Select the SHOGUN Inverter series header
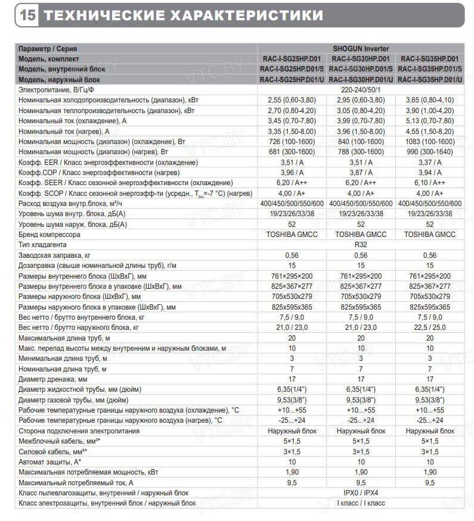pyautogui.click(x=361, y=48)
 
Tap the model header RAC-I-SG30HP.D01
pyautogui.click(x=361, y=59)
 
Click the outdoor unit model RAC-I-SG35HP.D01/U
pyautogui.click(x=430, y=79)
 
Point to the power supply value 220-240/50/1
pyautogui.click(x=361, y=89)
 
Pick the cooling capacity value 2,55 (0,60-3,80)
pyautogui.click(x=292, y=100)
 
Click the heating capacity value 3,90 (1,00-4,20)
pyautogui.click(x=430, y=110)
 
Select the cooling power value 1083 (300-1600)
pyautogui.click(x=430, y=141)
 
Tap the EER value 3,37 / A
pyautogui.click(x=430, y=162)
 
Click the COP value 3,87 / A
pyautogui.click(x=361, y=172)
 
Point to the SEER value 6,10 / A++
pyautogui.click(x=430, y=183)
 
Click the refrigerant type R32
pyautogui.click(x=361, y=245)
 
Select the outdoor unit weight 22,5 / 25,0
pyautogui.click(x=430, y=327)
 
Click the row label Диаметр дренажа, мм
pyautogui.click(x=53, y=379)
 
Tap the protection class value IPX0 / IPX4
pyautogui.click(x=361, y=492)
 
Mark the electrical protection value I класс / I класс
pyautogui.click(x=361, y=503)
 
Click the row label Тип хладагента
pyautogui.click(x=42, y=245)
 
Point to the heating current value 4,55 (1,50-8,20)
pyautogui.click(x=430, y=131)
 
